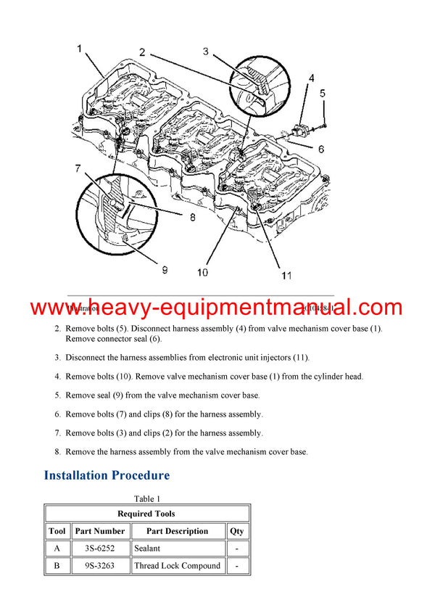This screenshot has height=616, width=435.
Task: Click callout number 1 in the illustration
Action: tap(80, 49)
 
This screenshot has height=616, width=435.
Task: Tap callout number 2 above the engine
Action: tap(142, 52)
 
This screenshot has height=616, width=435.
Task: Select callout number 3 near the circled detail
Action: tap(205, 51)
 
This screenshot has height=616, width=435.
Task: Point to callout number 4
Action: tap(311, 78)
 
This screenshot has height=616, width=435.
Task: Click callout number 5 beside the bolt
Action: tap(323, 93)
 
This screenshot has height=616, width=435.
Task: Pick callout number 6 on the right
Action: tap(318, 149)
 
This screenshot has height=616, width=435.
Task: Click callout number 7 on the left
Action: tap(77, 170)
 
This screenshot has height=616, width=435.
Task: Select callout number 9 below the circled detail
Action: tap(165, 270)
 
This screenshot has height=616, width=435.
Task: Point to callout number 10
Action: tap(202, 273)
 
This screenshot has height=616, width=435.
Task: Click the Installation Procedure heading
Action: tap(107, 475)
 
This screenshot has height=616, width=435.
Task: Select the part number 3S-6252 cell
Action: tap(99, 548)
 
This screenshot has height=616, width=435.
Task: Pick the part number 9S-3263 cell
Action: tap(99, 565)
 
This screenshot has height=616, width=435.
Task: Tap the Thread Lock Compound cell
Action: tap(177, 565)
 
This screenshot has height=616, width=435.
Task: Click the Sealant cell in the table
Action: tap(147, 548)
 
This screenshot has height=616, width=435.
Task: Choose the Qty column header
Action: tap(237, 530)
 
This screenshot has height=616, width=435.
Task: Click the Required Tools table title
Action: tap(146, 513)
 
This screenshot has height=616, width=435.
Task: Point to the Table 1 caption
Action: tap(147, 498)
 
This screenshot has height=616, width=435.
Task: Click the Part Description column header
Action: tap(177, 530)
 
